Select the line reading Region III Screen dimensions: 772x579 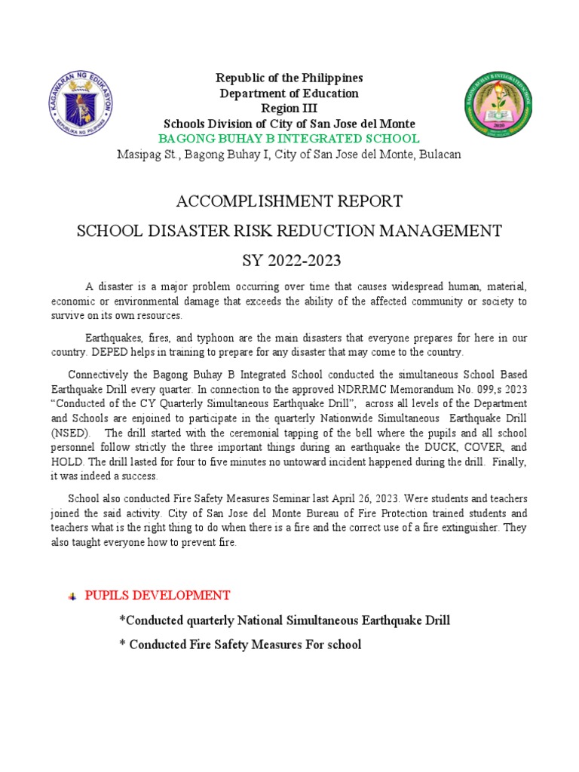tap(289, 109)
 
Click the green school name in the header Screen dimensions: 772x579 tap(289, 139)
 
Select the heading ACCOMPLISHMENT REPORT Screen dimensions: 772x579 tap(289, 201)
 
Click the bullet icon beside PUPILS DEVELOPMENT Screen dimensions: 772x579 tap(72, 596)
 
